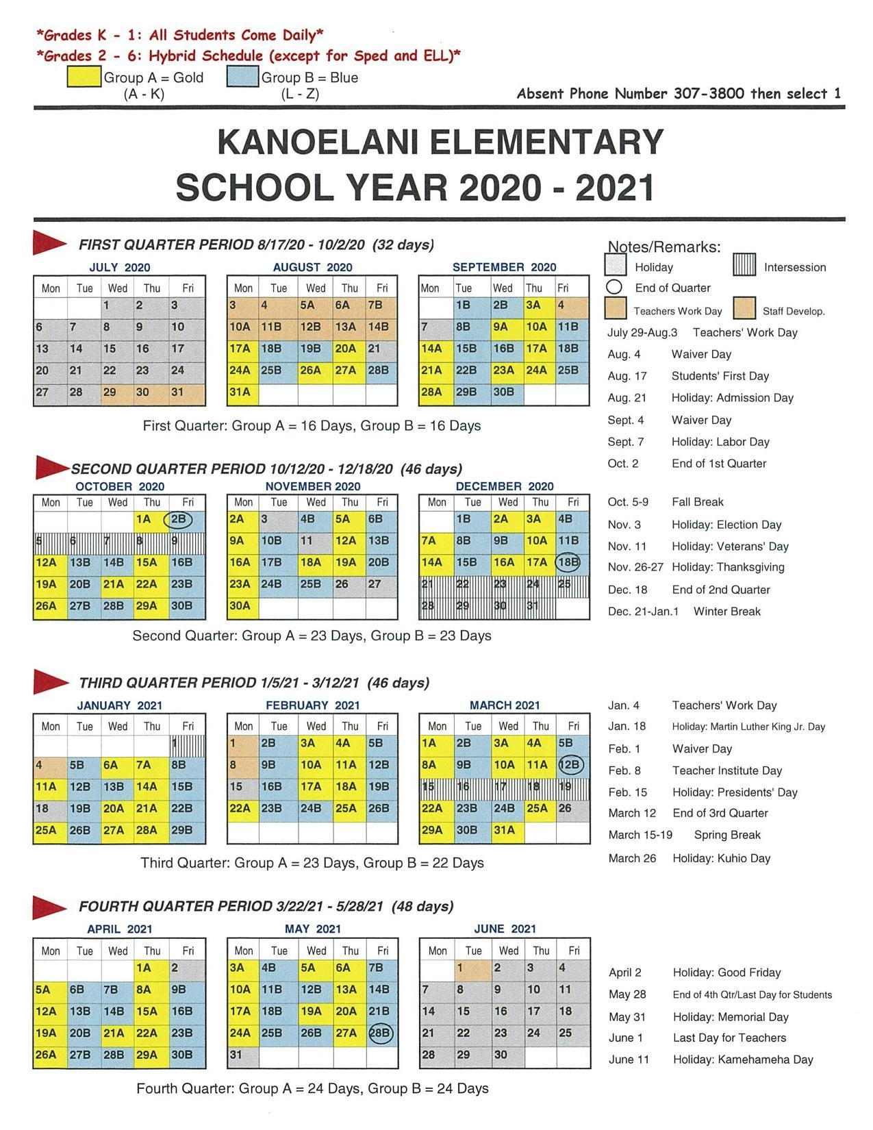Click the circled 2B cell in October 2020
tap(179, 520)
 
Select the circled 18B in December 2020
tap(568, 562)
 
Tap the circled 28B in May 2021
tap(381, 1033)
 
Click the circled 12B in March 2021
tap(571, 765)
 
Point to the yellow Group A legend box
tap(84, 77)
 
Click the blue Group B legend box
tap(242, 77)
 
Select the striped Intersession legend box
tap(744, 265)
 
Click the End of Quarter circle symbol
tap(614, 287)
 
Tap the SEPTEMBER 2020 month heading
tap(504, 267)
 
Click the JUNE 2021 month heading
tap(505, 929)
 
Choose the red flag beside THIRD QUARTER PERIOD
tap(50, 682)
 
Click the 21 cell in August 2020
tap(381, 349)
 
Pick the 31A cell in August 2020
tap(243, 392)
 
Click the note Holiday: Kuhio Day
tap(721, 858)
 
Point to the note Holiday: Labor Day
tap(720, 442)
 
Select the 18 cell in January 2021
tap(50, 809)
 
